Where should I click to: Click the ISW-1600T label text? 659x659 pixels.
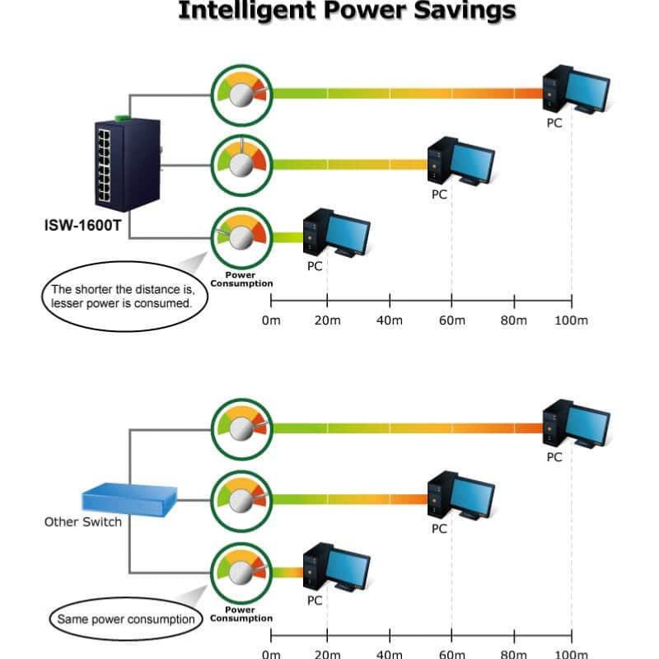point(83,225)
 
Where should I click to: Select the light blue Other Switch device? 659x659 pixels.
point(129,500)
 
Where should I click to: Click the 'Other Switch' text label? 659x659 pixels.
point(83,522)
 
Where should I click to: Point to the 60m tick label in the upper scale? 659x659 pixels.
point(451,320)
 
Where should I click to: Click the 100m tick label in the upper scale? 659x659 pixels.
point(571,320)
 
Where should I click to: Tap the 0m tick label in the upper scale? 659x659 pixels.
point(271,320)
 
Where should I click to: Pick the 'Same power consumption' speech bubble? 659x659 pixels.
point(126,619)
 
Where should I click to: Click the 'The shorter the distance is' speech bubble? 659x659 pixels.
point(124,297)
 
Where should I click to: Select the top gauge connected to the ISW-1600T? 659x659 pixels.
point(241,95)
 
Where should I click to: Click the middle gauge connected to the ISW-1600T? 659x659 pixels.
point(241,166)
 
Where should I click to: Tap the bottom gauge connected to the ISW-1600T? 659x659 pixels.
point(241,238)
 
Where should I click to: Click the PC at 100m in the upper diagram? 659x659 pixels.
point(576,89)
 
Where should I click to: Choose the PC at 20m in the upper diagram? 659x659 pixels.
point(337,232)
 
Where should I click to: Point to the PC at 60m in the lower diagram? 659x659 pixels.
point(461,496)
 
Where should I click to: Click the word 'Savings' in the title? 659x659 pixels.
point(465,11)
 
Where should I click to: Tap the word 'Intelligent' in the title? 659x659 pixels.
point(247,11)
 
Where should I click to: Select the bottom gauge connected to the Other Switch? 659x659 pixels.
point(241,573)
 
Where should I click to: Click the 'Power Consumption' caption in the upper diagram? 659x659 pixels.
point(241,279)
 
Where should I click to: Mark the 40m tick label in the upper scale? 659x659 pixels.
point(389,320)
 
